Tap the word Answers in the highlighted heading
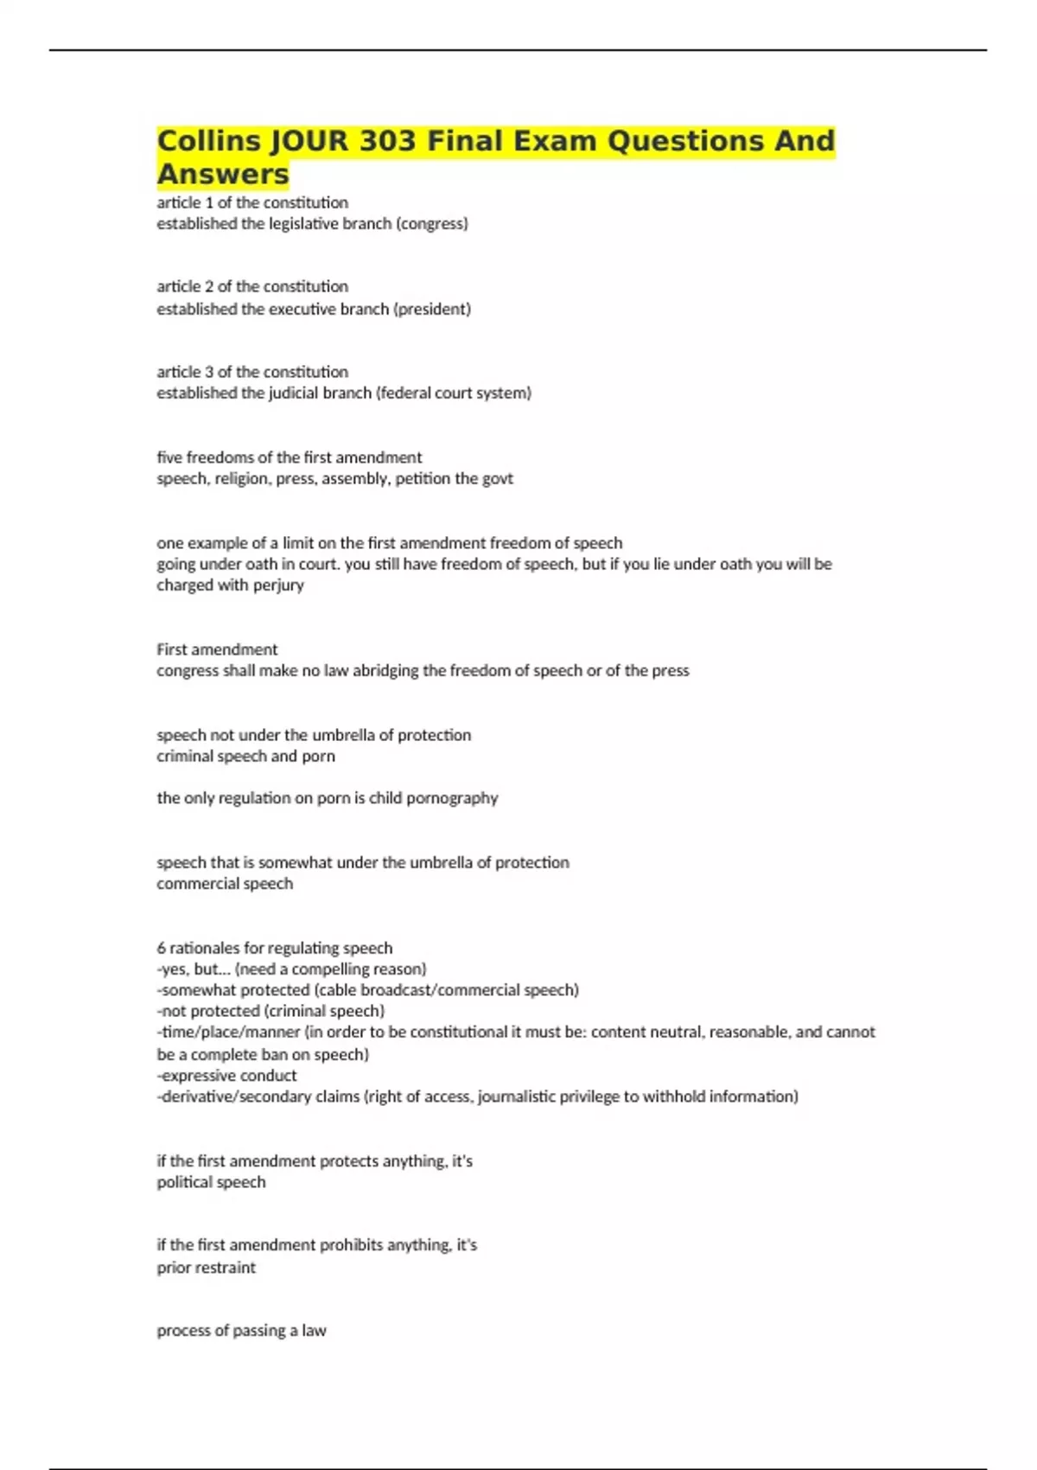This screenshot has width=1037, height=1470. (x=223, y=174)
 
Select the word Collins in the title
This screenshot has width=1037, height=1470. (x=208, y=140)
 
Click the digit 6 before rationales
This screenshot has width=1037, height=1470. (x=161, y=948)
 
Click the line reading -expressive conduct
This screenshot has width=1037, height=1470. (x=226, y=1076)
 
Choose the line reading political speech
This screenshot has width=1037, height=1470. (x=211, y=1182)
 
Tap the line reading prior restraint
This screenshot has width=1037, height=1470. (x=206, y=1268)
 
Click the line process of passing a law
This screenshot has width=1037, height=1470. (x=241, y=1331)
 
